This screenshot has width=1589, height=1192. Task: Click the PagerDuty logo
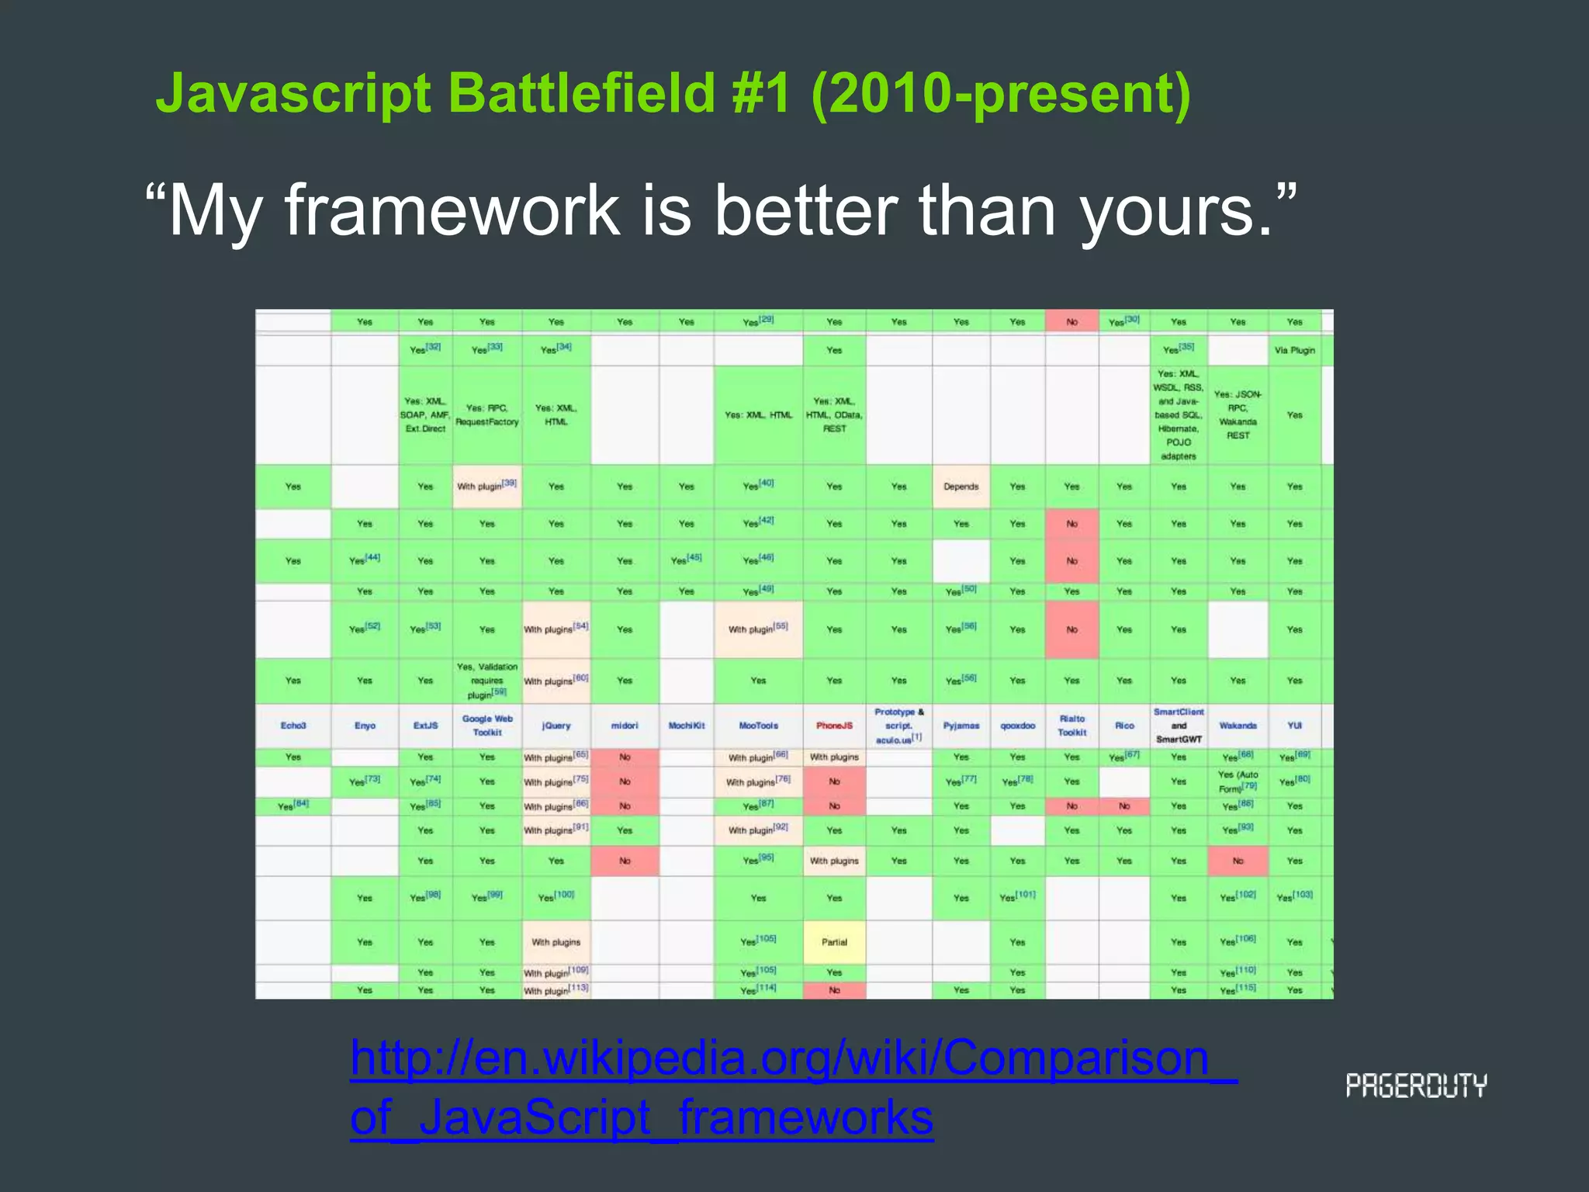pos(1416,1086)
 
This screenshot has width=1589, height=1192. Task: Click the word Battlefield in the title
pos(581,93)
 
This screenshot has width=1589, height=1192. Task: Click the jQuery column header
pos(556,726)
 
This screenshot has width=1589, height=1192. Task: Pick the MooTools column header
pos(758,726)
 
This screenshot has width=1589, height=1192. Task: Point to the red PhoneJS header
pos(834,726)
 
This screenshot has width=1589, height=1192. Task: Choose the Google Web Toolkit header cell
pos(487,726)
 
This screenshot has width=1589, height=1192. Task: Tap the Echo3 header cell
pos(293,726)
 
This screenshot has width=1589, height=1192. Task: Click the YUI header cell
pos(1294,726)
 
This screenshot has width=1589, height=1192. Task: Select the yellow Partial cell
pos(834,942)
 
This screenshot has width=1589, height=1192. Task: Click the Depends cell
pos(961,487)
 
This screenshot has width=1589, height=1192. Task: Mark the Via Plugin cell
pos(1294,350)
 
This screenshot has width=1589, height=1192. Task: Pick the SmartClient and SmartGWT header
pos(1178,726)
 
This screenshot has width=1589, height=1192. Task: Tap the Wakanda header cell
pos(1238,726)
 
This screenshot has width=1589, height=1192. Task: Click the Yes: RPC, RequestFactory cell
pos(487,415)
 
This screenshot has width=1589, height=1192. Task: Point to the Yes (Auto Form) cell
pos(1238,781)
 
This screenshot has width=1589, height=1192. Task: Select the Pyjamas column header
pos(961,726)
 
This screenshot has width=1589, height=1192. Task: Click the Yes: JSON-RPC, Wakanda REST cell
pos(1238,415)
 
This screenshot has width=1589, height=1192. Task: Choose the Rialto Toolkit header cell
pos(1071,726)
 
